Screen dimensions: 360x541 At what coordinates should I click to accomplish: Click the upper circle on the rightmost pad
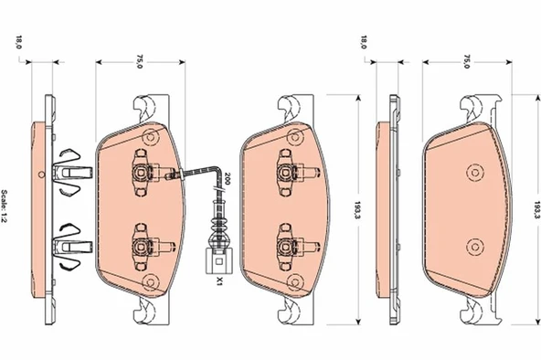click(x=474, y=172)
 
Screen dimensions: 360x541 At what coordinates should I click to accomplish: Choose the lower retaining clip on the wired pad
click(x=143, y=244)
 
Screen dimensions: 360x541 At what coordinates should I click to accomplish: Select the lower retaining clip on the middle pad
click(x=289, y=244)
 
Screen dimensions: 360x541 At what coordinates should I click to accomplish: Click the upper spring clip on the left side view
click(x=69, y=168)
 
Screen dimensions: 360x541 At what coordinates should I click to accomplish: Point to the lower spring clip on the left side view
click(x=69, y=244)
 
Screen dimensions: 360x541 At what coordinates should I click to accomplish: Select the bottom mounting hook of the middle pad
click(x=290, y=312)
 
